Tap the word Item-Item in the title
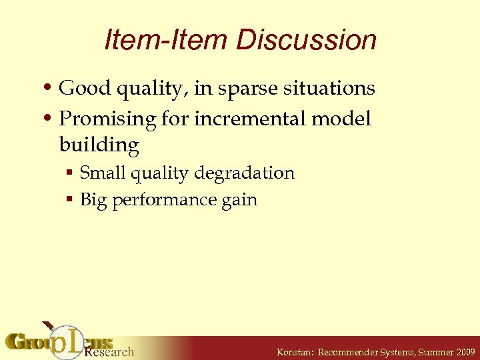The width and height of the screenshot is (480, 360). pos(166,40)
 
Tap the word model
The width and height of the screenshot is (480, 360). pos(345,119)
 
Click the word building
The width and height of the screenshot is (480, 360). pos(99,145)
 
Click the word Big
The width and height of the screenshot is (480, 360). pos(94,200)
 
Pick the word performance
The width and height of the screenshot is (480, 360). pos(167,200)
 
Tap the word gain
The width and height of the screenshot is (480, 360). pos(240,200)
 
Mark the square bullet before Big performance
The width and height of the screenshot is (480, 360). pos(69,201)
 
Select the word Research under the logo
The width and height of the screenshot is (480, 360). pos(109,351)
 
